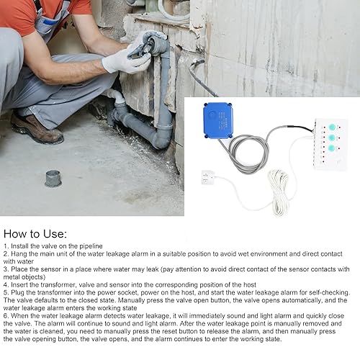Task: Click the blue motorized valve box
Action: (x=218, y=121)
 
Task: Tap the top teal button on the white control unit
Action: (x=332, y=127)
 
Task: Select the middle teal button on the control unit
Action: (x=332, y=138)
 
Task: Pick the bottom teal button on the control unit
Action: (x=332, y=148)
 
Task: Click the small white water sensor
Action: (x=208, y=177)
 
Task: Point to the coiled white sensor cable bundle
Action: (x=279, y=192)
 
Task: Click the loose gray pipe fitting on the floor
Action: (x=53, y=179)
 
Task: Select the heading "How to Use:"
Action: (x=35, y=234)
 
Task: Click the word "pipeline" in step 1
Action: (x=91, y=246)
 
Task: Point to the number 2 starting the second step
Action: (x=6, y=253)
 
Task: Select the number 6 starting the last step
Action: (x=6, y=315)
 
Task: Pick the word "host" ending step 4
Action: (x=249, y=284)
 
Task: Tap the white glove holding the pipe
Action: (x=126, y=60)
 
